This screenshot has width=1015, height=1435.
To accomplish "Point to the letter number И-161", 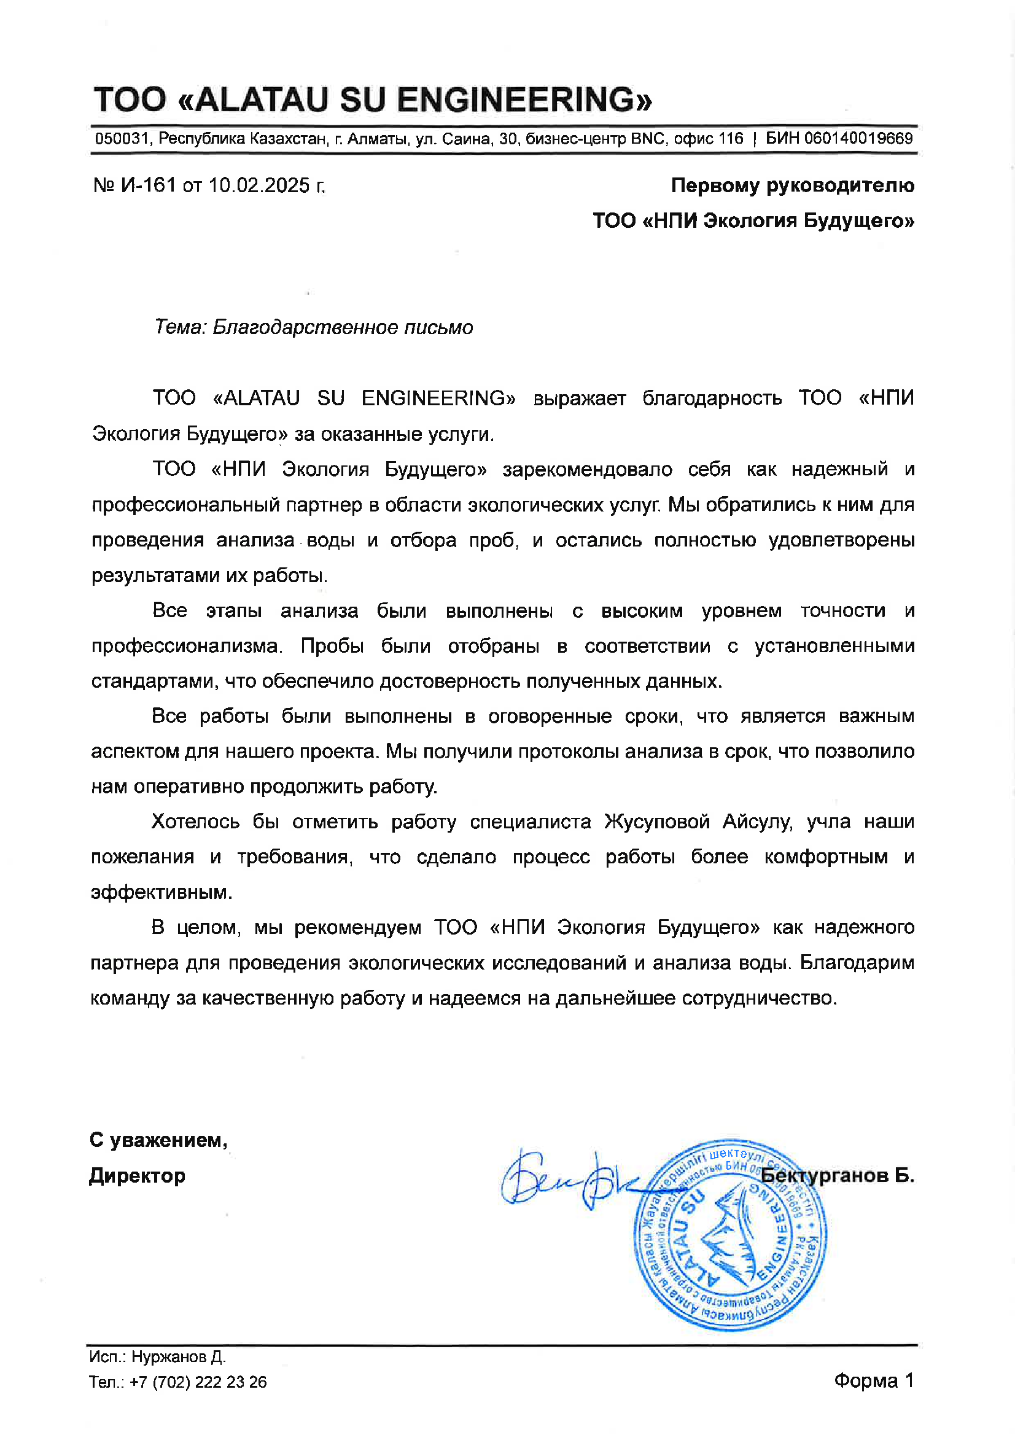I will tap(148, 185).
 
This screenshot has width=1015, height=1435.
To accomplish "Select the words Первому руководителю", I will tap(792, 185).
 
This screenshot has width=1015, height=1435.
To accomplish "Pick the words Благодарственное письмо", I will tap(343, 327).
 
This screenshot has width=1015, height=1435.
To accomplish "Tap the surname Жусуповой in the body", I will tap(656, 821).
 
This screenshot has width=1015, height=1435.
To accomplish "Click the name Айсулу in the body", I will tap(757, 821).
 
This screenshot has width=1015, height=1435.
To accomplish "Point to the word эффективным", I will tap(161, 892).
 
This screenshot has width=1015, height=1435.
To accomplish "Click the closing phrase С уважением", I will tap(158, 1140).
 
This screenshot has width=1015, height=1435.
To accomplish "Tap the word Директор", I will tap(137, 1176).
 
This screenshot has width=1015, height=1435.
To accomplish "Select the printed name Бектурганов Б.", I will tap(838, 1176).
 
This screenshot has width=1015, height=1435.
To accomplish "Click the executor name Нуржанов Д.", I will tap(178, 1357).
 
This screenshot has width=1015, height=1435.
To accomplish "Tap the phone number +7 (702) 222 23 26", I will tap(198, 1382).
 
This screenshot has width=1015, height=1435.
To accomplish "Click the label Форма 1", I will tap(873, 1380).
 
